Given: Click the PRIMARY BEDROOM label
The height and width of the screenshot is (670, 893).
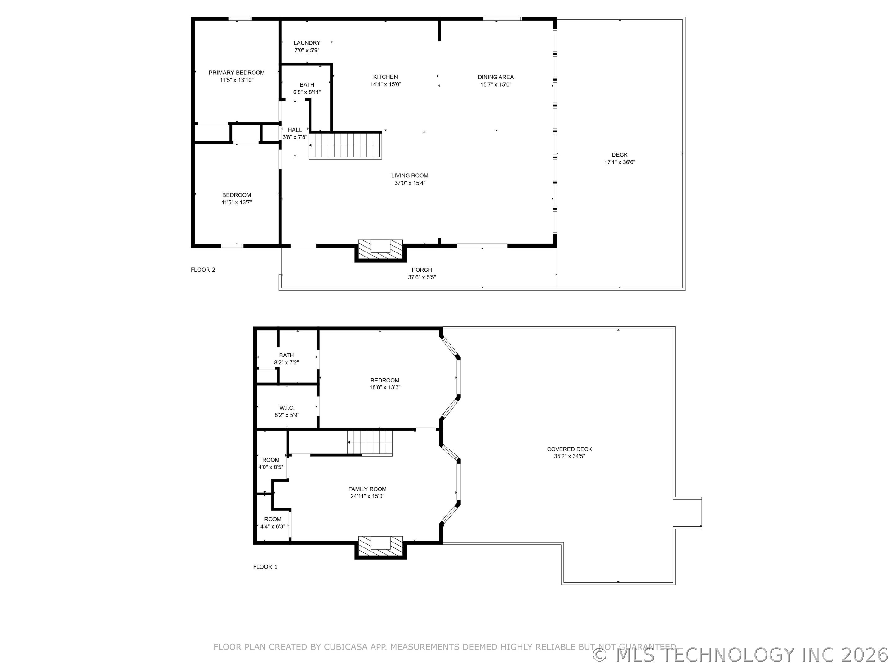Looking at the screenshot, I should click(x=237, y=73).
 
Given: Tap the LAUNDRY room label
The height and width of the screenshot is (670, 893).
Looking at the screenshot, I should click(x=307, y=43).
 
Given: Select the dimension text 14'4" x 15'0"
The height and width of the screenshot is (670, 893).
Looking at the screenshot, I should click(x=385, y=84).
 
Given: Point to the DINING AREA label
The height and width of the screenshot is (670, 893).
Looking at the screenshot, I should click(x=496, y=77).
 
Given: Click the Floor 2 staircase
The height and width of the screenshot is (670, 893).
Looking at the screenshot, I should click(x=345, y=145).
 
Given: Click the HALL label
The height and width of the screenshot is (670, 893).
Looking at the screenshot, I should click(x=295, y=130).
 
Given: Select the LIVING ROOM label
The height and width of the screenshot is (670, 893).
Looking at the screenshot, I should click(x=410, y=176).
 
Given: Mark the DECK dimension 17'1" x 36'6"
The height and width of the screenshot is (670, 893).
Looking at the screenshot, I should click(x=620, y=162).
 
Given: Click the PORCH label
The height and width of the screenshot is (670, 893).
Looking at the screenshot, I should click(x=422, y=270).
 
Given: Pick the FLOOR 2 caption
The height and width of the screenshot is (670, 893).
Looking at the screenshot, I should click(x=203, y=270).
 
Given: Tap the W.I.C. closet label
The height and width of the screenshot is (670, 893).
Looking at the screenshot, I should click(x=287, y=408).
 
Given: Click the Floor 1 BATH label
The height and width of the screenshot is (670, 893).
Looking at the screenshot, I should click(x=286, y=355).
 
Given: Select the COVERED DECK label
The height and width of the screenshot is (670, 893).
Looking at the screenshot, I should click(x=569, y=449).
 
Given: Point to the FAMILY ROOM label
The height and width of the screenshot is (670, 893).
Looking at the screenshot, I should click(x=367, y=489).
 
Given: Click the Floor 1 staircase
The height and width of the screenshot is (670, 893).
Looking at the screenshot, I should click(x=370, y=443).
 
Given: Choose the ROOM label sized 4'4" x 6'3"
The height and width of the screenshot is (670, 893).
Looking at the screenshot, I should click(x=273, y=519).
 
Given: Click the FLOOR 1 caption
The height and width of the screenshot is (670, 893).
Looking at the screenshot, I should click(x=265, y=567).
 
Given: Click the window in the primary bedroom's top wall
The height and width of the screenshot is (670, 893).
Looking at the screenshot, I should click(x=240, y=19).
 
